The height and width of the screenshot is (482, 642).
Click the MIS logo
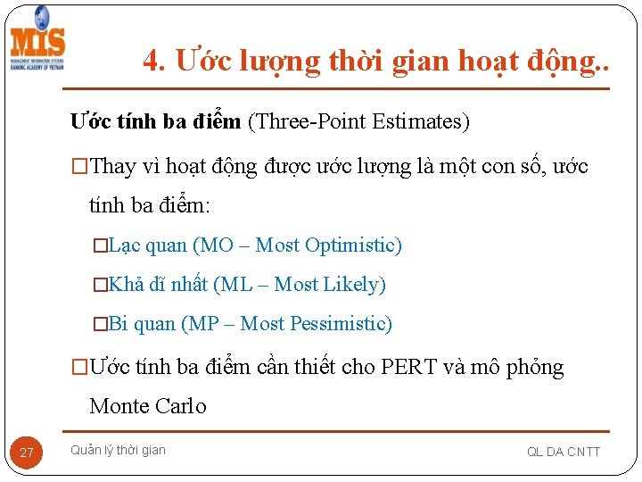pos(37,40)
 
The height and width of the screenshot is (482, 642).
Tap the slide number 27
pos(27,453)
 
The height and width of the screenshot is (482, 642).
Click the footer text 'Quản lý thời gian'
pos(118,450)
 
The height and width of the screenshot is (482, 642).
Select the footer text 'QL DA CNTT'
pos(564,452)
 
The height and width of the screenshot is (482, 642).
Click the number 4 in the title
pos(152,61)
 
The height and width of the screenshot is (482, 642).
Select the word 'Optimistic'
pos(351,245)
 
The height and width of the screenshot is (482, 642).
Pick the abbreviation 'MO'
pos(219,245)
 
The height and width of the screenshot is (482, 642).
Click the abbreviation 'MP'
pos(202,324)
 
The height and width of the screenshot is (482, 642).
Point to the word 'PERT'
pos(408,368)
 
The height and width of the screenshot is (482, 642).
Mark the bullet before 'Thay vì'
pos(80,167)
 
